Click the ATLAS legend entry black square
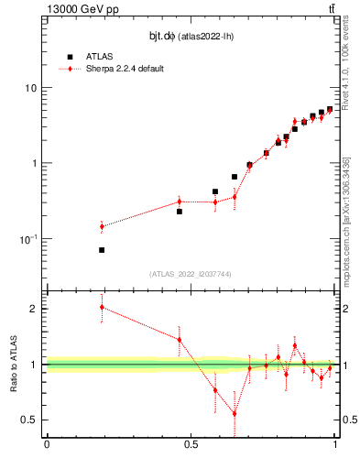(x=69, y=57)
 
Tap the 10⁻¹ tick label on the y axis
(x=27, y=239)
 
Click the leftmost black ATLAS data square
(x=102, y=250)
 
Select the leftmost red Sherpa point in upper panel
(x=102, y=226)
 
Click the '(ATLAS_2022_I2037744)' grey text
(x=191, y=274)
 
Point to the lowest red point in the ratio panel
(x=235, y=413)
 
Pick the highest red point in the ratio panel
(x=102, y=307)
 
